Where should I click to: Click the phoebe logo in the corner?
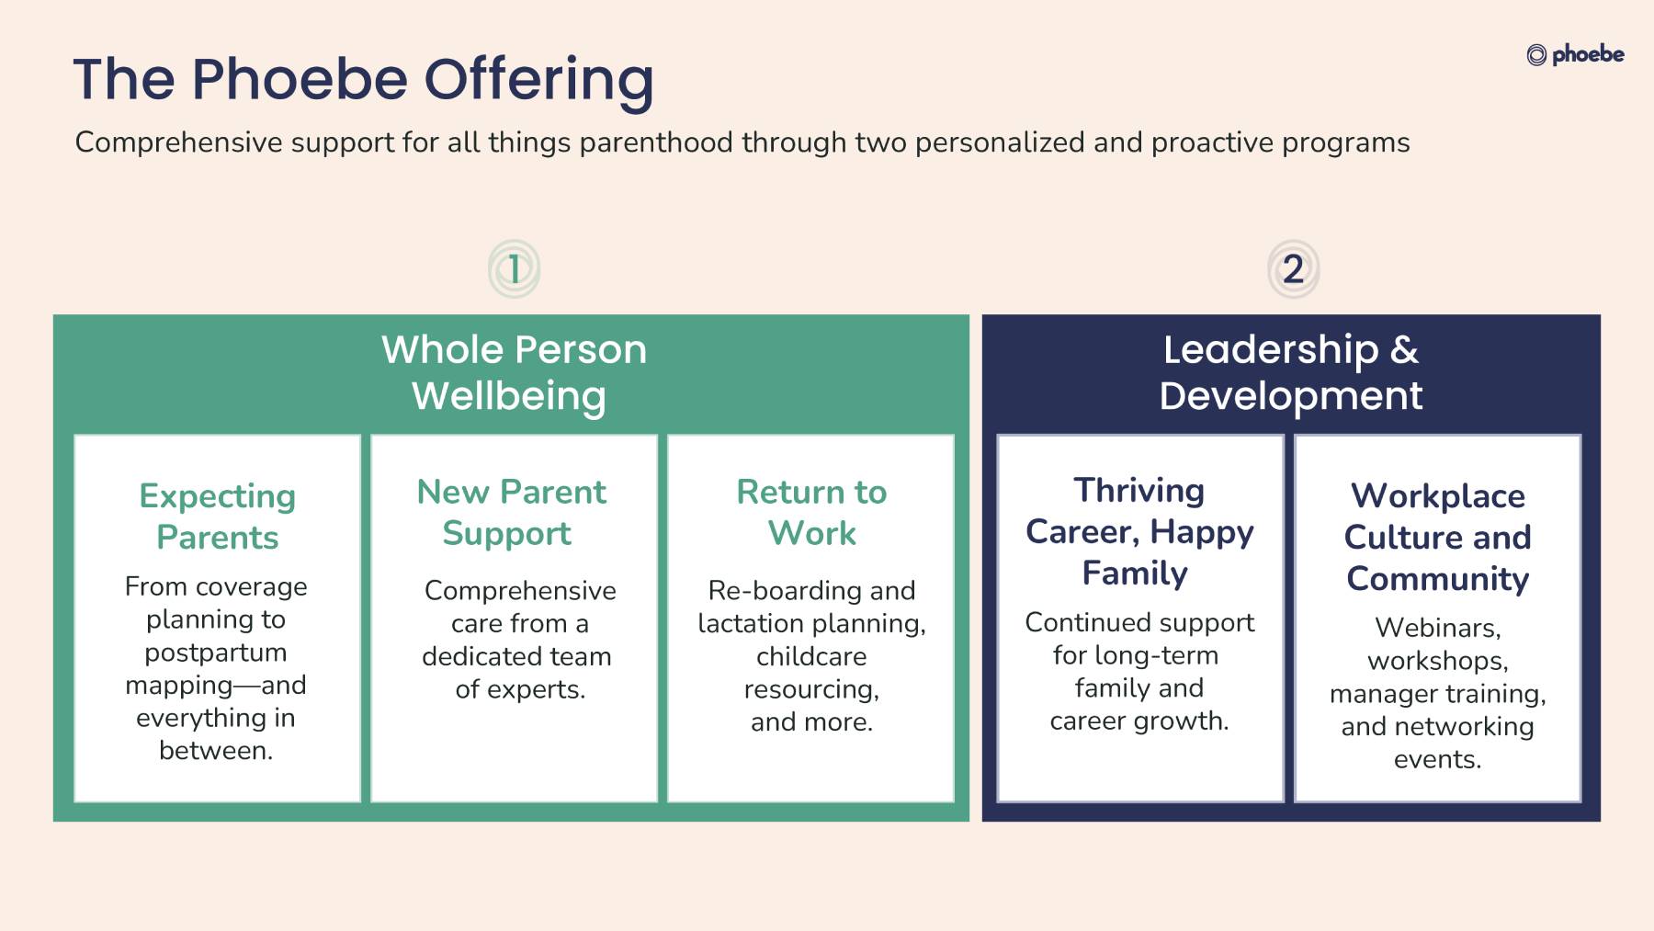point(1575,55)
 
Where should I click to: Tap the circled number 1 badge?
point(514,269)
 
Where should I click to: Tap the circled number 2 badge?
point(1293,269)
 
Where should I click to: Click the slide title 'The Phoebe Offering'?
point(364,80)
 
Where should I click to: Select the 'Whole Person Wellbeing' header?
point(514,373)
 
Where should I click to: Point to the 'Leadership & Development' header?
point(1291,373)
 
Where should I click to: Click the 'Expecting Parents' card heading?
point(218,517)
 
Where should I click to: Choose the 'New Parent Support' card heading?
point(512,513)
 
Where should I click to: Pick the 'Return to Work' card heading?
point(811,513)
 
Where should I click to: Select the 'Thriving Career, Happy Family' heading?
point(1139,532)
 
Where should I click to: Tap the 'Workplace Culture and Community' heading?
point(1438,538)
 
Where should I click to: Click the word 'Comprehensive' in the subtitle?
point(179,143)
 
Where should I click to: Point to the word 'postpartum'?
point(216,653)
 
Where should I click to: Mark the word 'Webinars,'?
point(1438,629)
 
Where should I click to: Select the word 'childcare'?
point(811,656)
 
